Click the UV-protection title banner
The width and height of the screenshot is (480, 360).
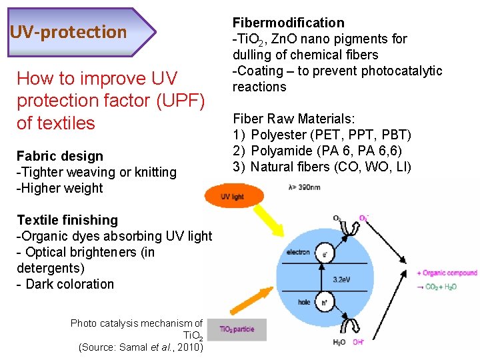click(x=73, y=31)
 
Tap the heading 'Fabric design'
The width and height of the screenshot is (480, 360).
click(x=60, y=156)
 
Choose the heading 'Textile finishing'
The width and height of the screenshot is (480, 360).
click(x=67, y=220)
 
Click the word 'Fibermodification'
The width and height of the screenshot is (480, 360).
click(x=288, y=23)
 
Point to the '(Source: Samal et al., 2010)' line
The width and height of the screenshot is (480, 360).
click(x=140, y=347)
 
